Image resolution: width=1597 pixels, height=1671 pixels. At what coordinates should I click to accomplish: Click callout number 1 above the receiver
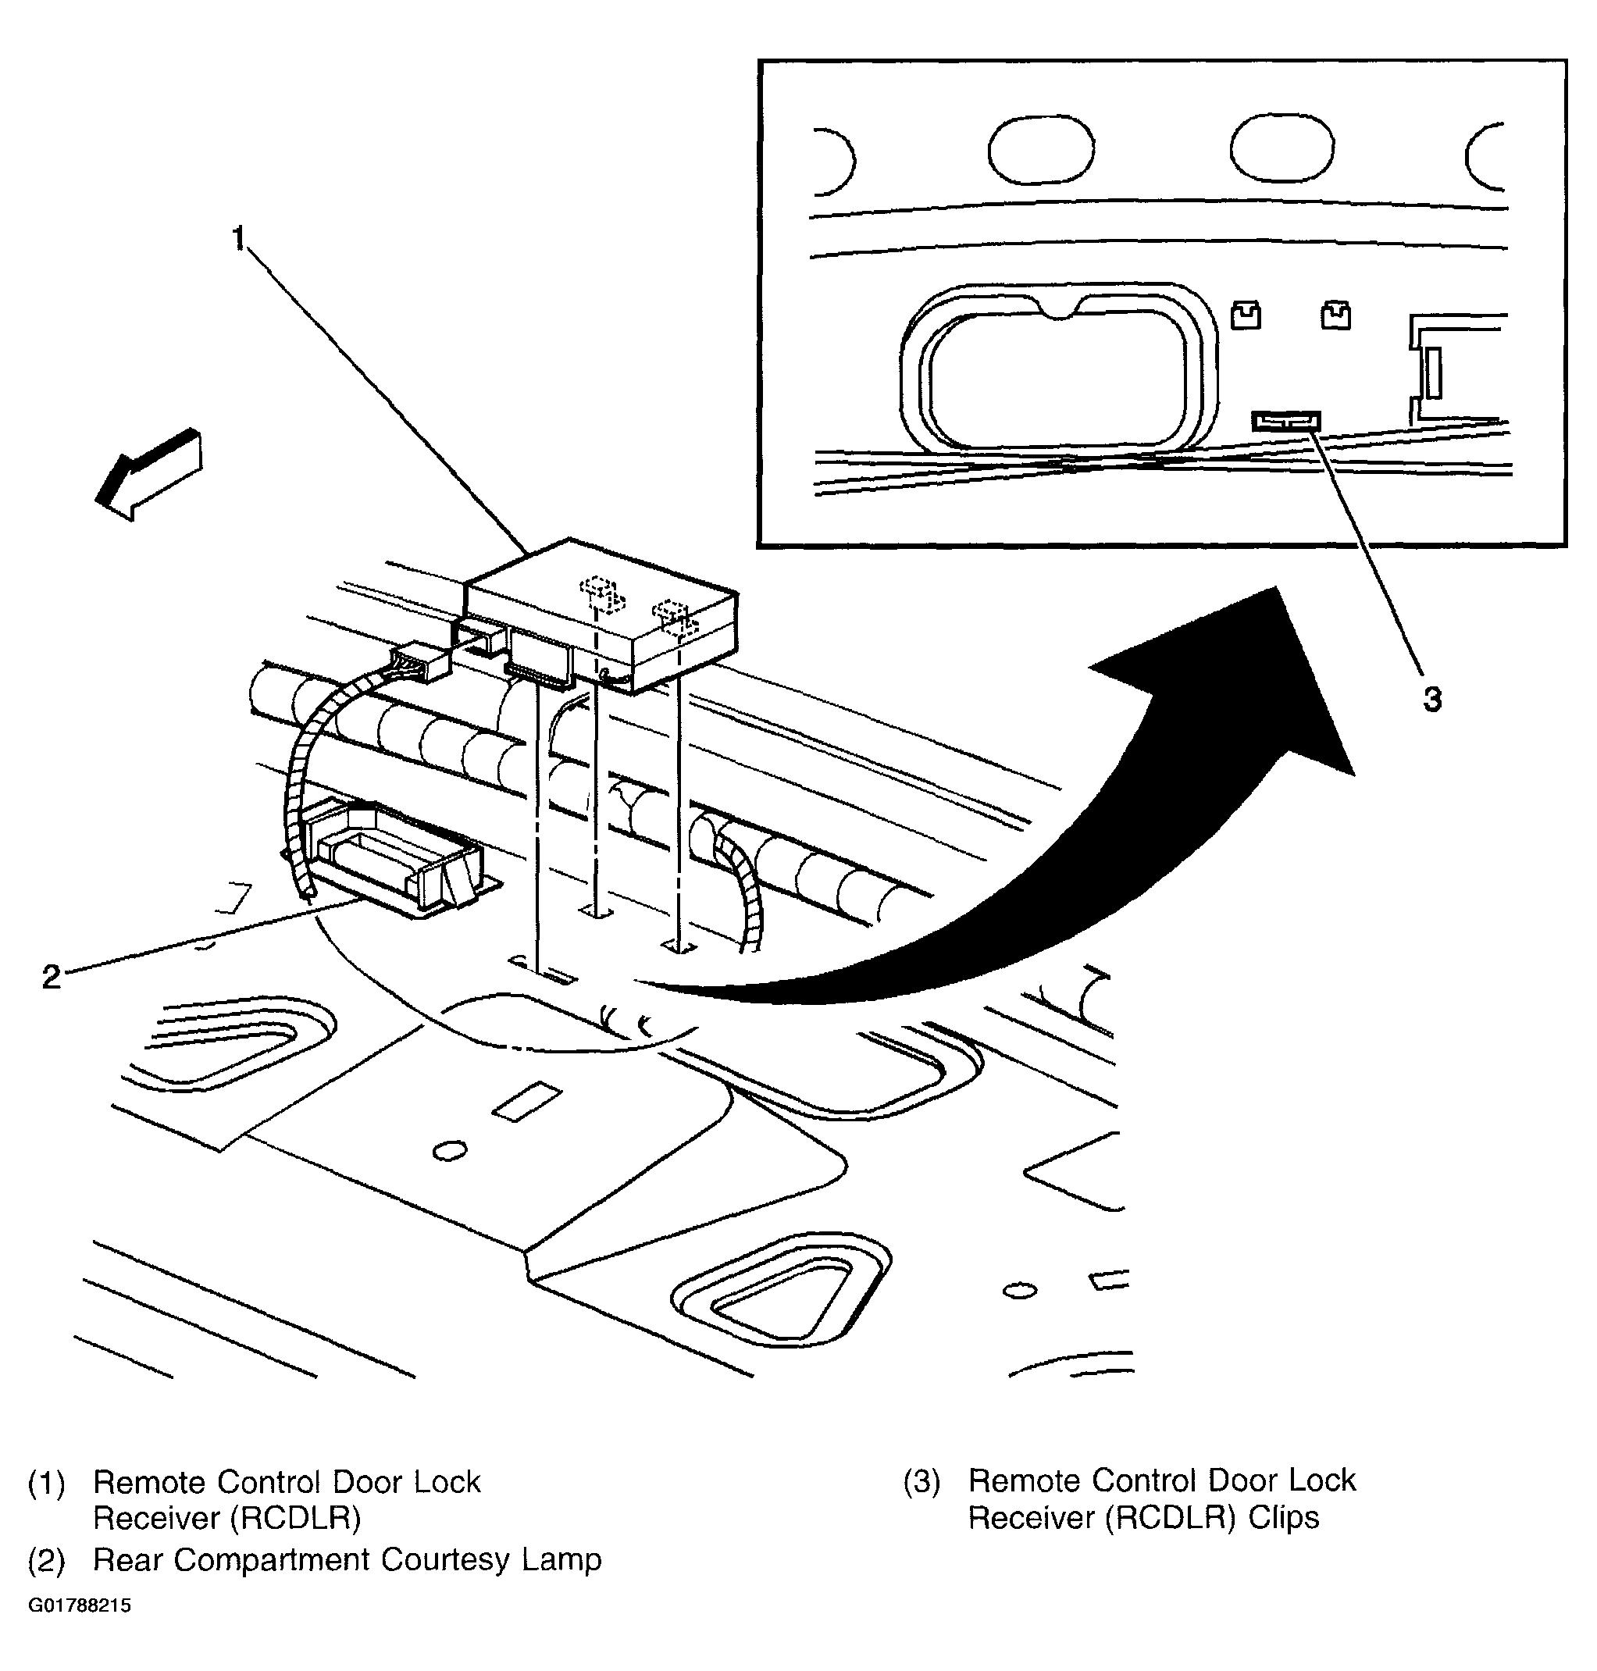239,239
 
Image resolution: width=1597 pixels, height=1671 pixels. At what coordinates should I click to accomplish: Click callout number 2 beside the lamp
52,976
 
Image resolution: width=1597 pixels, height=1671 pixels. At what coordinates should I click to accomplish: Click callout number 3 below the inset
1433,700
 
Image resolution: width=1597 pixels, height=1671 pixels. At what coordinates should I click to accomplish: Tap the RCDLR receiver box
601,615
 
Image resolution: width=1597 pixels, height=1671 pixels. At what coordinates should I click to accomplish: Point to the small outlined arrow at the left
149,474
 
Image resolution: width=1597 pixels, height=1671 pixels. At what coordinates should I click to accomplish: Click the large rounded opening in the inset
1058,369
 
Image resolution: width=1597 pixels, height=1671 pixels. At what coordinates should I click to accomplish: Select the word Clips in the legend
1284,1517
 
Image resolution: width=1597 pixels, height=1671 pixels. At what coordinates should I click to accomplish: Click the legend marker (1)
46,1483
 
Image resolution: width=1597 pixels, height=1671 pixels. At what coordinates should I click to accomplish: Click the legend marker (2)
46,1559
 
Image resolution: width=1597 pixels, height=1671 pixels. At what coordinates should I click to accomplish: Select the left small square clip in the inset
1246,315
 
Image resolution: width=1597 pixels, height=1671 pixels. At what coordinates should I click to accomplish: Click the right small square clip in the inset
1335,315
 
